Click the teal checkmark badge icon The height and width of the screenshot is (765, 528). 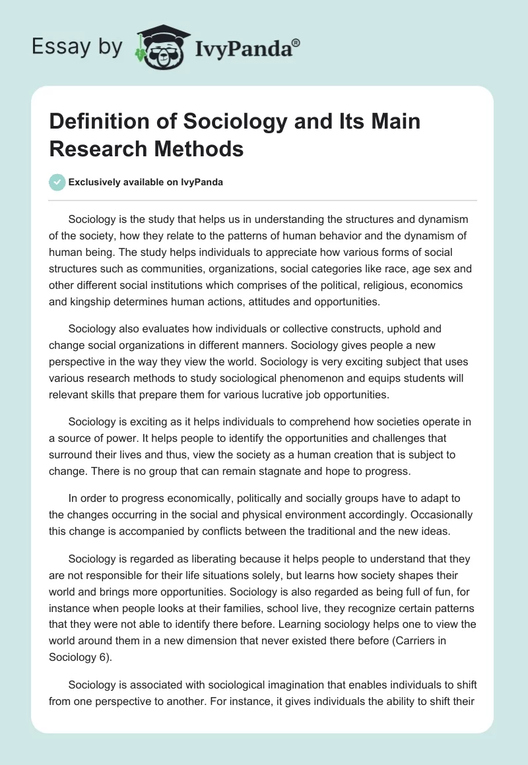point(57,182)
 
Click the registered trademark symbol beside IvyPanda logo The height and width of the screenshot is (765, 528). point(297,42)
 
